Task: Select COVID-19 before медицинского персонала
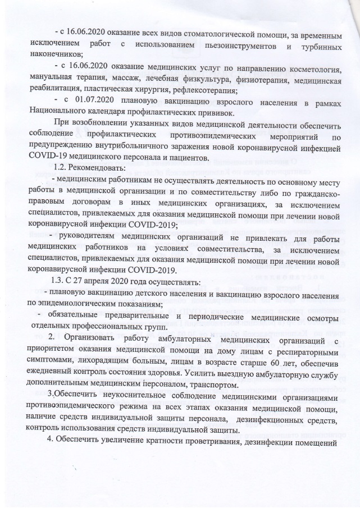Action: click(x=47, y=156)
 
